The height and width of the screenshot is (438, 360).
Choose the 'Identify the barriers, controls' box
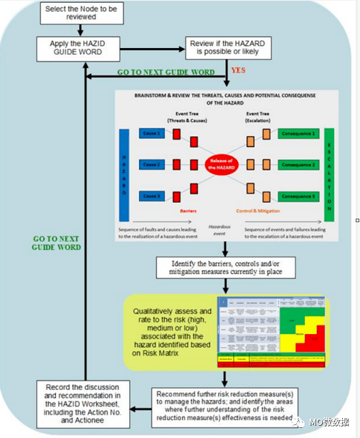226,267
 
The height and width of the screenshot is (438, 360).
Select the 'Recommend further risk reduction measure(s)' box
226,406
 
